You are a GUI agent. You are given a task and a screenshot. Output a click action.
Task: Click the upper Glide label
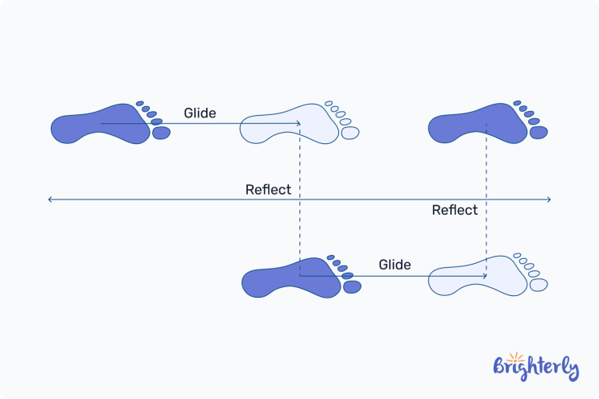tap(200, 113)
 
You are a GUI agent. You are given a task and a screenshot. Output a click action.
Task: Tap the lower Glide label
tap(395, 265)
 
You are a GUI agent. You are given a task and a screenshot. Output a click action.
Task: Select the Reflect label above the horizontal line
tap(268, 190)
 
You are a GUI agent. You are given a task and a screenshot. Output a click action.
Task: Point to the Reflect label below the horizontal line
tap(454, 210)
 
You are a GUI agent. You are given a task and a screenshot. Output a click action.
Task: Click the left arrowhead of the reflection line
tap(51, 199)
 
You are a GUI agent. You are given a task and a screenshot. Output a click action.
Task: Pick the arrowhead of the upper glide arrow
tap(298, 123)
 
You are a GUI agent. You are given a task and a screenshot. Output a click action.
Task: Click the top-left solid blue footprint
tap(101, 125)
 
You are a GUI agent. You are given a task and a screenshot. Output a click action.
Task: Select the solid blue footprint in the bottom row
tap(290, 278)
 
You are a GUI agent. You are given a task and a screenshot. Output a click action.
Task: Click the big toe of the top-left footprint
tap(161, 132)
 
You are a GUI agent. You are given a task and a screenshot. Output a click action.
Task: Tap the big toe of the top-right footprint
tap(539, 132)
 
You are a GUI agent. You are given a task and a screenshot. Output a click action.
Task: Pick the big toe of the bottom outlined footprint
tap(539, 284)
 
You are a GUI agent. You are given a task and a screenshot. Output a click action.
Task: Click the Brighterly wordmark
tap(535, 368)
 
